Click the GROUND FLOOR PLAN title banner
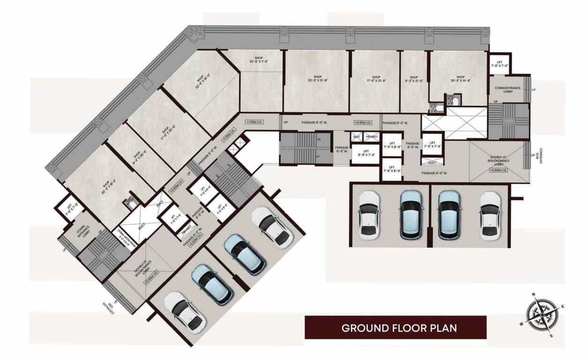[x=395, y=327]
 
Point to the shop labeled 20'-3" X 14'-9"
[x=460, y=79]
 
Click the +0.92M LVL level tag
[x=363, y=123]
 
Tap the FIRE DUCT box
[x=371, y=136]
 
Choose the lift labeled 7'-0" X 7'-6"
[x=432, y=144]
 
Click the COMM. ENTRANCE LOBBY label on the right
[x=504, y=89]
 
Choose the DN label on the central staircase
[x=319, y=139]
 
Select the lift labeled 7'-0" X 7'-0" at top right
[x=499, y=64]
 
